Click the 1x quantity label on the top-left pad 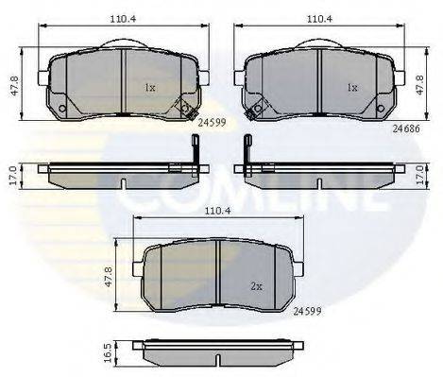tap(149, 87)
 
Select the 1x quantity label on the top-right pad tap(353, 87)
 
